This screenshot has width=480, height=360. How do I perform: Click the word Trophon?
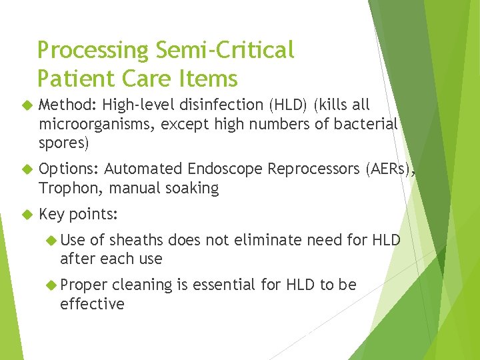tap(69, 189)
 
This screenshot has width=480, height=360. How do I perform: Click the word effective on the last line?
tap(92, 304)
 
